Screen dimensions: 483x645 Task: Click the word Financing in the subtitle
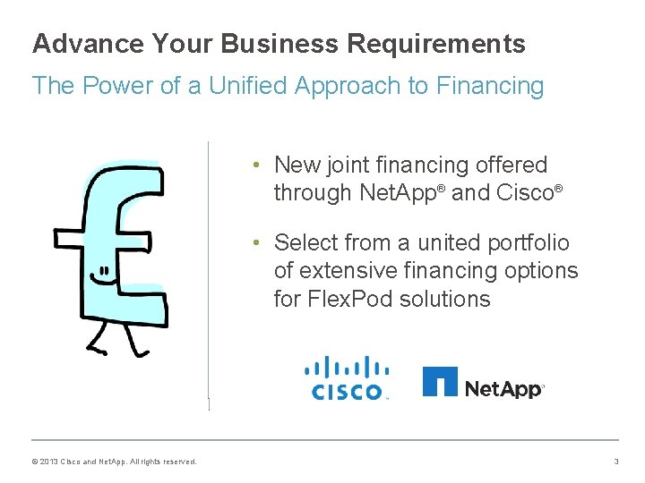490,86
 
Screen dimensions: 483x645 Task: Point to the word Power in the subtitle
113,86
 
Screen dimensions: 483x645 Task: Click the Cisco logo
348,378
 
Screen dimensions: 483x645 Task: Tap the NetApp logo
484,382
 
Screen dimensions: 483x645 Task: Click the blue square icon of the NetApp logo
440,381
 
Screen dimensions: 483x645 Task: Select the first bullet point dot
256,165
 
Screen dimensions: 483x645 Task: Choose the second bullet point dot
256,243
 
